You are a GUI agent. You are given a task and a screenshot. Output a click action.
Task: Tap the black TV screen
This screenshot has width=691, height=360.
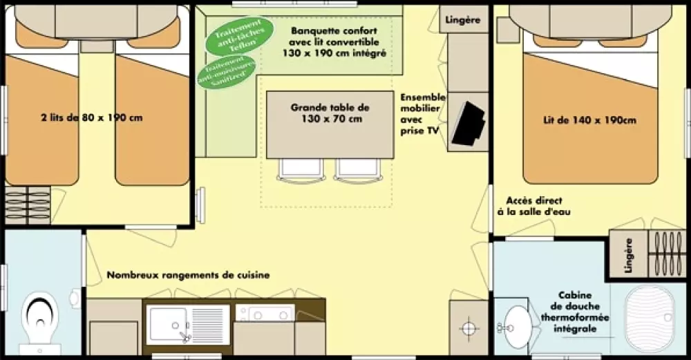469,124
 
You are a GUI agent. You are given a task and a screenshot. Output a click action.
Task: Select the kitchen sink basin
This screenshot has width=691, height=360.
167,322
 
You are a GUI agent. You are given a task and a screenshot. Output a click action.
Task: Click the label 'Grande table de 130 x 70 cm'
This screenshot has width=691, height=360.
330,113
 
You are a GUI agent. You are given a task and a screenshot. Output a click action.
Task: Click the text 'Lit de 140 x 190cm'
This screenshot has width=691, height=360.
589,120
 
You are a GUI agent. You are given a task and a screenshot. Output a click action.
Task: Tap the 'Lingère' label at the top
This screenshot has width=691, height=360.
464,19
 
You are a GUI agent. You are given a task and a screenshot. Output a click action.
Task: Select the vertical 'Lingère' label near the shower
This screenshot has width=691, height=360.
628,255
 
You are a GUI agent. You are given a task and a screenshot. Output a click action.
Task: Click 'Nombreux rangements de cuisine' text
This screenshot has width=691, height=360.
188,275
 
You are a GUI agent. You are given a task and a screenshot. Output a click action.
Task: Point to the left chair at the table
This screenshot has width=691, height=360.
299,169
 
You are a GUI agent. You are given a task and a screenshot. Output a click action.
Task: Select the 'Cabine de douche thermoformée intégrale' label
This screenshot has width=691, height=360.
570,311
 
